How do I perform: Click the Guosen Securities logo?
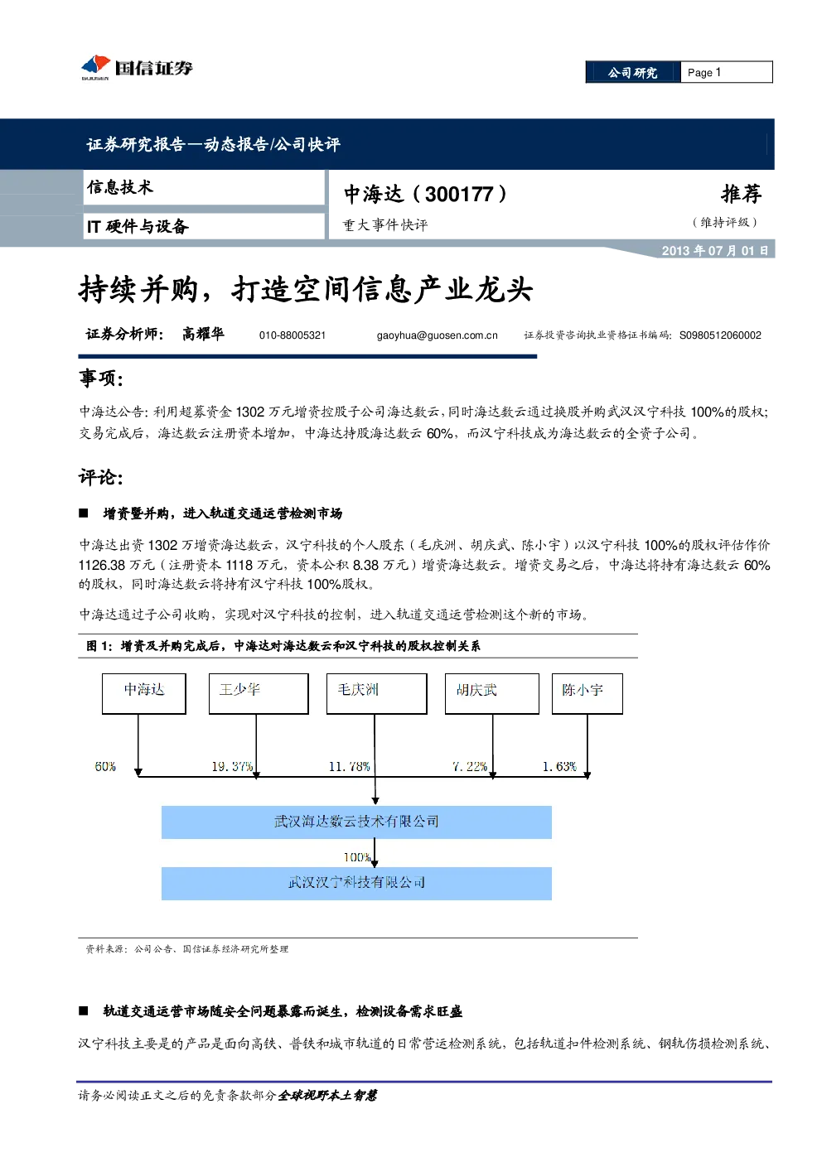tap(137, 67)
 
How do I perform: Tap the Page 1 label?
tap(704, 73)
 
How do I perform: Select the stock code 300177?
tap(459, 194)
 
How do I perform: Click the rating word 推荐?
tap(741, 194)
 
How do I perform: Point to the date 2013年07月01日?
tap(714, 251)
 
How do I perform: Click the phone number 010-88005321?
tap(293, 335)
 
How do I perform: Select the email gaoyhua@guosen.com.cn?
tap(437, 335)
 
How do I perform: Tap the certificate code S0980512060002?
tap(720, 335)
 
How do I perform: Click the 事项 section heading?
tap(101, 378)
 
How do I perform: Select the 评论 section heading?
tap(101, 477)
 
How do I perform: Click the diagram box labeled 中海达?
tap(143, 693)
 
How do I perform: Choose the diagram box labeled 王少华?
tap(259, 693)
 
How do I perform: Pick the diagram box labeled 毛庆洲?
tap(377, 693)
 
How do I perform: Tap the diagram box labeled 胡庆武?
tap(492, 693)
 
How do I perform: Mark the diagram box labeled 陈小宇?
tap(587, 693)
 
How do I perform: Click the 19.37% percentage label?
tap(232, 766)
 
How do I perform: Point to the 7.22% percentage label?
tap(470, 766)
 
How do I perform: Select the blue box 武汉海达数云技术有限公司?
tap(356, 822)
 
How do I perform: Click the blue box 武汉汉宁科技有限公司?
tap(356, 884)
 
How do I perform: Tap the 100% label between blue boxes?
tap(357, 857)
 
